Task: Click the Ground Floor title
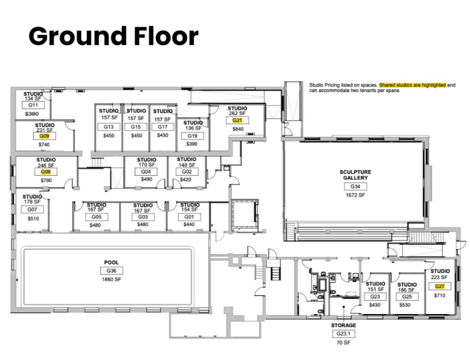point(113,36)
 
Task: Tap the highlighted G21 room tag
point(237,120)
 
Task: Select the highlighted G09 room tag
point(44,136)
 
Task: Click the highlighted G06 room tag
point(46,171)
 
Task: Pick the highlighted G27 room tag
point(439,286)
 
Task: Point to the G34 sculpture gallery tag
point(355,186)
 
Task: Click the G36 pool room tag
point(111,271)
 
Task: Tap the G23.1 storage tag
point(342,334)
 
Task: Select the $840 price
point(237,129)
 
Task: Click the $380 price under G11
point(31,113)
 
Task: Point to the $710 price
point(439,295)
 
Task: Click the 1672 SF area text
point(355,195)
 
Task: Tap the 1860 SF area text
point(111,279)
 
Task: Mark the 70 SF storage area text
point(342,343)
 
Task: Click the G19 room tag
point(192,136)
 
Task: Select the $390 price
point(192,144)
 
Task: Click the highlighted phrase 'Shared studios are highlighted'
point(412,85)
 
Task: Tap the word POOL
point(111,262)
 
